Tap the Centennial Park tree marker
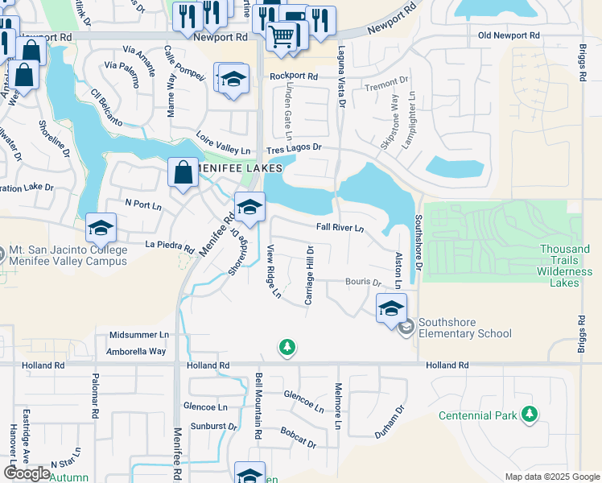(x=530, y=415)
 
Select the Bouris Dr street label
(x=363, y=283)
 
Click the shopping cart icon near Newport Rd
(x=282, y=35)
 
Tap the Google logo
(x=27, y=473)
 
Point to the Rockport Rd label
(x=294, y=76)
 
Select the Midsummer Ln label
(x=140, y=334)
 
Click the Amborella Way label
(x=137, y=351)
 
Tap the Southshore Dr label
(x=419, y=242)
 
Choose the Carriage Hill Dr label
(x=309, y=276)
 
